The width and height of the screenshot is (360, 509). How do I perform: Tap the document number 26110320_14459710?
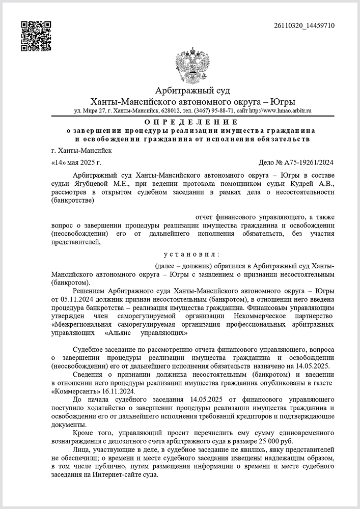point(303,26)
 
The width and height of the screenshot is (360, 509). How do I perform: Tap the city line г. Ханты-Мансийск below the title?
point(81,151)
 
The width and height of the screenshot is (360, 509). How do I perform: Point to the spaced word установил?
point(191,254)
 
